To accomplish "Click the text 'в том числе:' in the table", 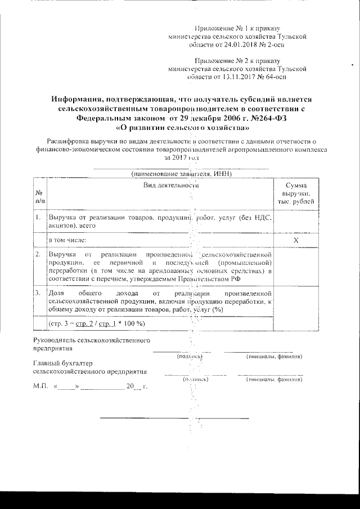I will click(x=67, y=240).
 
